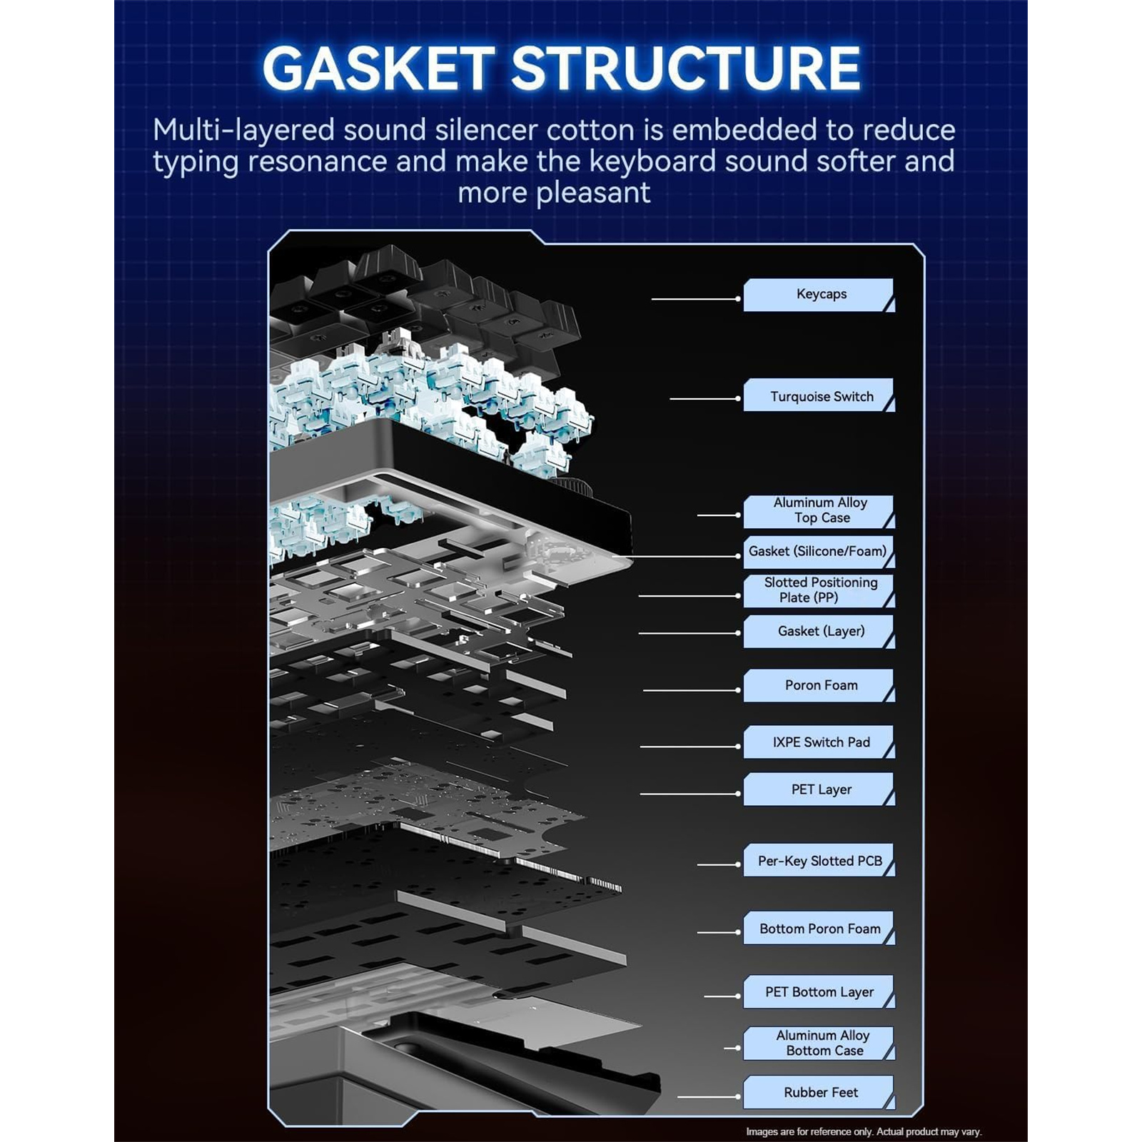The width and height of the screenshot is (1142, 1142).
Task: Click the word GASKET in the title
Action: click(x=378, y=69)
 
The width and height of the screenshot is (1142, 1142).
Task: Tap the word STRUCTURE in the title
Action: click(x=685, y=69)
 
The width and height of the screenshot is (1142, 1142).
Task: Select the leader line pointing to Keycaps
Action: click(x=696, y=299)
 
